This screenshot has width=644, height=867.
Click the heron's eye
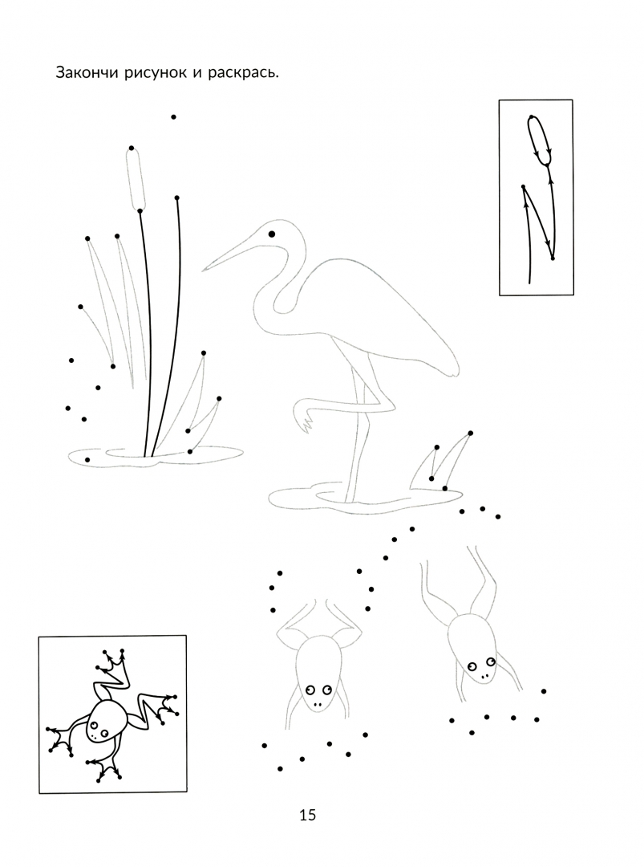[272, 234]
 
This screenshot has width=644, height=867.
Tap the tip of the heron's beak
[202, 271]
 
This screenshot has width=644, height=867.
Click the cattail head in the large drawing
[136, 179]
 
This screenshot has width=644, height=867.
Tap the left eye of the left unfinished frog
[310, 690]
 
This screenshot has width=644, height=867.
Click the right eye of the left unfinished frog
[326, 689]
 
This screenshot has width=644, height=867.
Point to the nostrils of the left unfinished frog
[318, 705]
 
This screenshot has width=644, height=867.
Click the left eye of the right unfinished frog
[472, 666]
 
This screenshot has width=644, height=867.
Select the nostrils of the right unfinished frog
[484, 676]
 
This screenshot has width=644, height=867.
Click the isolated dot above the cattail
[173, 116]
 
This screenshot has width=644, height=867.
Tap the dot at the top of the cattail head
[132, 149]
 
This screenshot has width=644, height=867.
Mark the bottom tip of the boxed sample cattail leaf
[553, 258]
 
